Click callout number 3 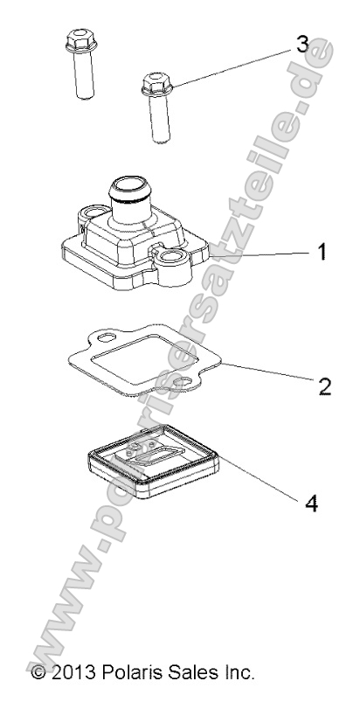coord(302,45)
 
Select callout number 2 coord(325,386)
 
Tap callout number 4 coord(311,503)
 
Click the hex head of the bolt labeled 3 coord(156,85)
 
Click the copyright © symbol coord(38,672)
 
